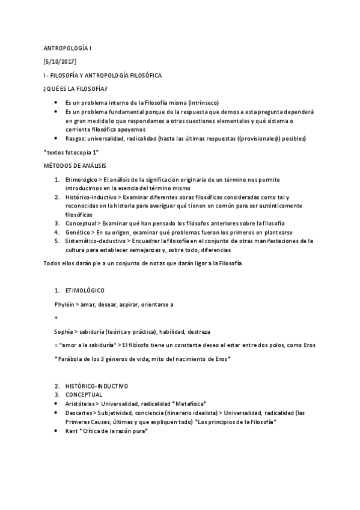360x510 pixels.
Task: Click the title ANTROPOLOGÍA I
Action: point(68,48)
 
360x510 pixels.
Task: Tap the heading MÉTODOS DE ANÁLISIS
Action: point(76,164)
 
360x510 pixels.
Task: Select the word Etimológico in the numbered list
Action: point(82,179)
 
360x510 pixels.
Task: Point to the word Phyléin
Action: point(65,304)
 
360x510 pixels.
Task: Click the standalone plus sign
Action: point(55,317)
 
